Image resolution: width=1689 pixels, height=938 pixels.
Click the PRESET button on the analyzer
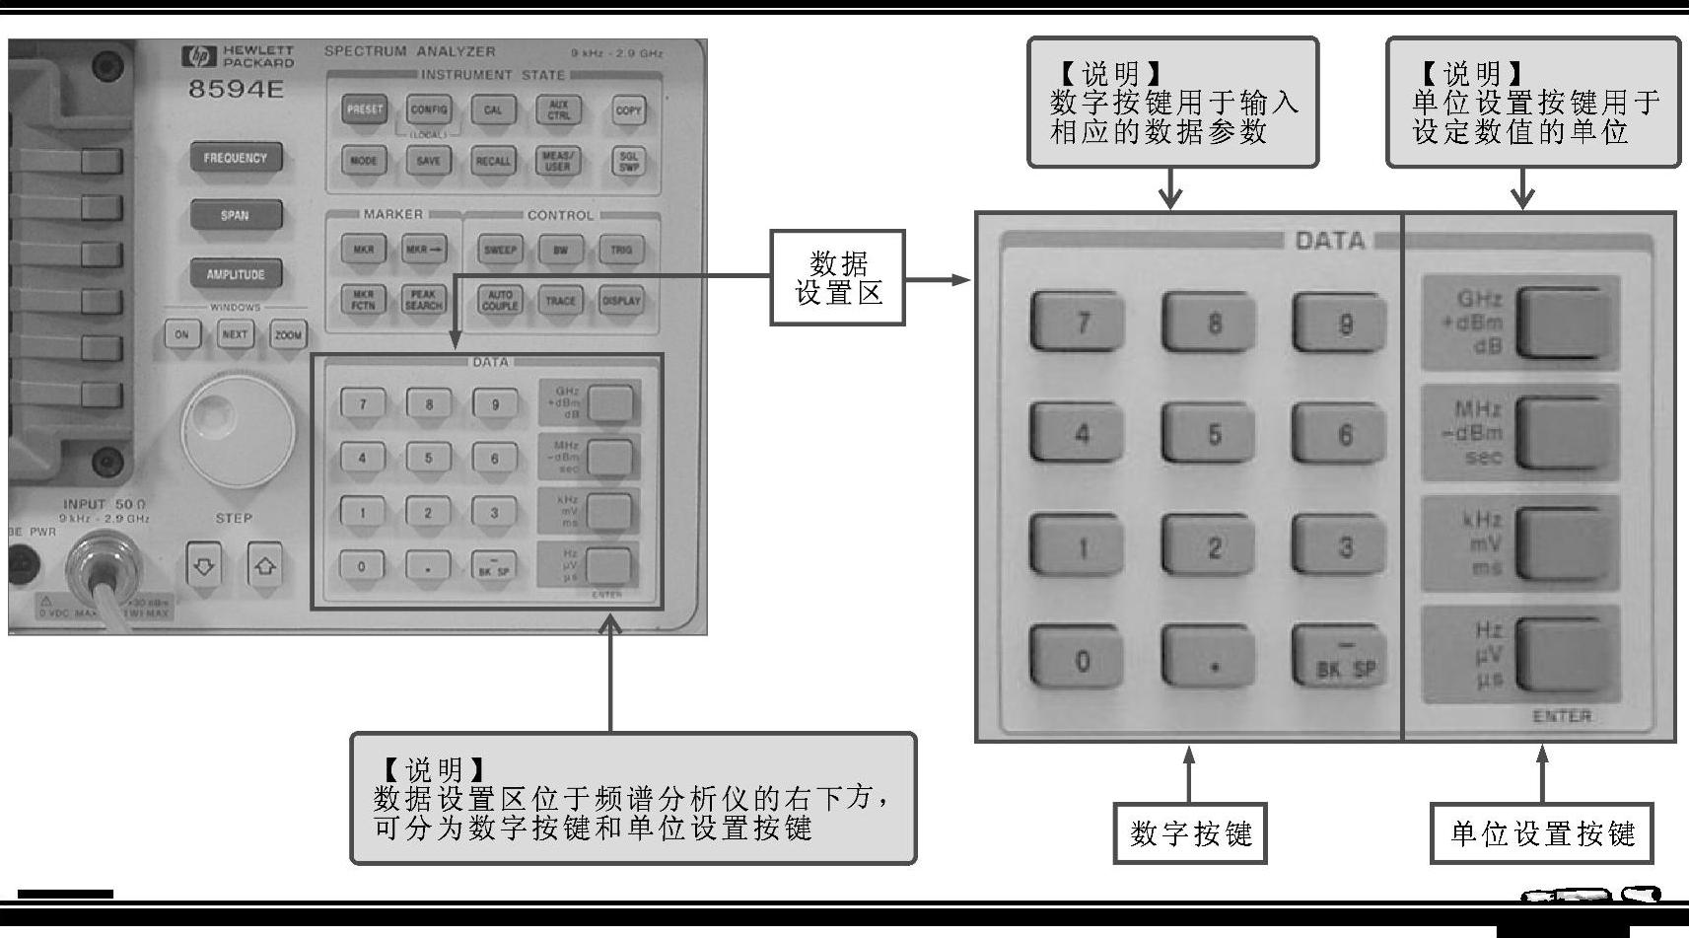pyautogui.click(x=365, y=109)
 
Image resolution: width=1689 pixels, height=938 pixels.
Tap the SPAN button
pyautogui.click(x=236, y=215)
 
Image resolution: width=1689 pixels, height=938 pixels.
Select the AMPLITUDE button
pyautogui.click(x=236, y=274)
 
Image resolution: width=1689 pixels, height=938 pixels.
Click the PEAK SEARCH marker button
pyautogui.click(x=424, y=300)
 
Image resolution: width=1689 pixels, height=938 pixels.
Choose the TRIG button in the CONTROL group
pyautogui.click(x=621, y=250)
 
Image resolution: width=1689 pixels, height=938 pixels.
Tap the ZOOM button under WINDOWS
pyautogui.click(x=288, y=334)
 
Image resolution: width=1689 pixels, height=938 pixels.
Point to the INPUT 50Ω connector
pyautogui.click(x=105, y=566)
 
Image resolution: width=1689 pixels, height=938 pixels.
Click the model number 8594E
pyautogui.click(x=236, y=89)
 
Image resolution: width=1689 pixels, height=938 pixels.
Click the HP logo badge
pyautogui.click(x=199, y=56)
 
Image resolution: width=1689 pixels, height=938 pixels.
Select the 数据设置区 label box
pyautogui.click(x=837, y=278)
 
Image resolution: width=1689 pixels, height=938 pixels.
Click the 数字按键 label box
pyautogui.click(x=1190, y=833)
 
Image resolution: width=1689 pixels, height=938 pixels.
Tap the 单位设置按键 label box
pyautogui.click(x=1541, y=833)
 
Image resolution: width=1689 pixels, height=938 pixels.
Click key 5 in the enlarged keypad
pyautogui.click(x=1213, y=434)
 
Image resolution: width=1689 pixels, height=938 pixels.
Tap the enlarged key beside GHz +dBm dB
pyautogui.click(x=1565, y=323)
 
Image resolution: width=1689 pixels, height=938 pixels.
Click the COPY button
pyautogui.click(x=628, y=110)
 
